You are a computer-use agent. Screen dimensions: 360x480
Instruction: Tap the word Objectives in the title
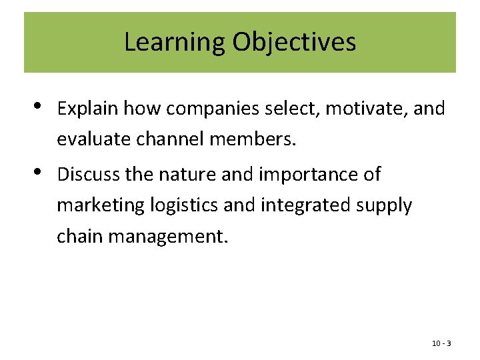click(294, 42)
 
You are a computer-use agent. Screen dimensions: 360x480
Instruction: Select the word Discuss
click(87, 175)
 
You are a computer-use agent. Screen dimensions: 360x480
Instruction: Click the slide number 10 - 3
click(441, 343)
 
